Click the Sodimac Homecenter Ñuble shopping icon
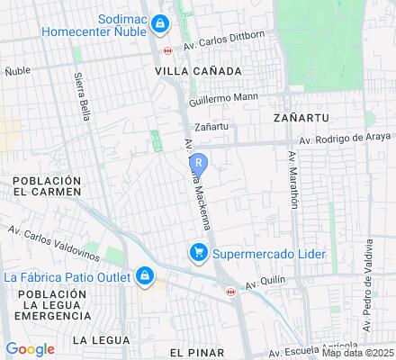point(159,22)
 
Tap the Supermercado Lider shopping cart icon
point(195,253)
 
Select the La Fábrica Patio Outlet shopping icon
point(145,275)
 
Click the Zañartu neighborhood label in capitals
point(297,117)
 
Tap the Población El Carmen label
point(47,186)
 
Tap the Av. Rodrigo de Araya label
point(345,139)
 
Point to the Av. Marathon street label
point(292,179)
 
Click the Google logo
point(30,348)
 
